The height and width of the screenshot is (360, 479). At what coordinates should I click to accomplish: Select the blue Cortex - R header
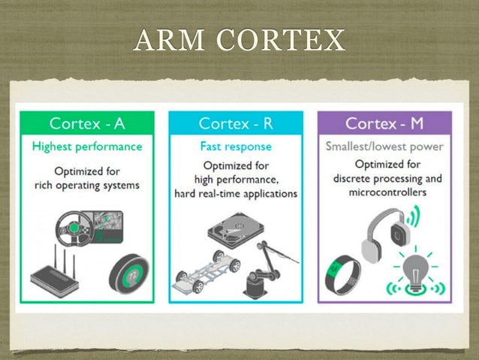pyautogui.click(x=235, y=123)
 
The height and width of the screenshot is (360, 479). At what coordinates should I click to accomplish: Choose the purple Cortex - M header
pyautogui.click(x=384, y=123)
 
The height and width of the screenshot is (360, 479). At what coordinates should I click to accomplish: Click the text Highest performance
pyautogui.click(x=86, y=146)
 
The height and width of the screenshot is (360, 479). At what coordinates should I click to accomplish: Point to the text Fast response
pyautogui.click(x=236, y=147)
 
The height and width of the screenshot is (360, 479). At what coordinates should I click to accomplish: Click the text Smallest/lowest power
pyautogui.click(x=384, y=146)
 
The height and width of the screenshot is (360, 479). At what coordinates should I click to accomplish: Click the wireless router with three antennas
pyautogui.click(x=59, y=274)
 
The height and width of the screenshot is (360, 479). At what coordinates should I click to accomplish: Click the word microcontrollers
pyautogui.click(x=388, y=192)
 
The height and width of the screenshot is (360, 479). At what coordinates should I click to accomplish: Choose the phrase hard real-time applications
pyautogui.click(x=236, y=194)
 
